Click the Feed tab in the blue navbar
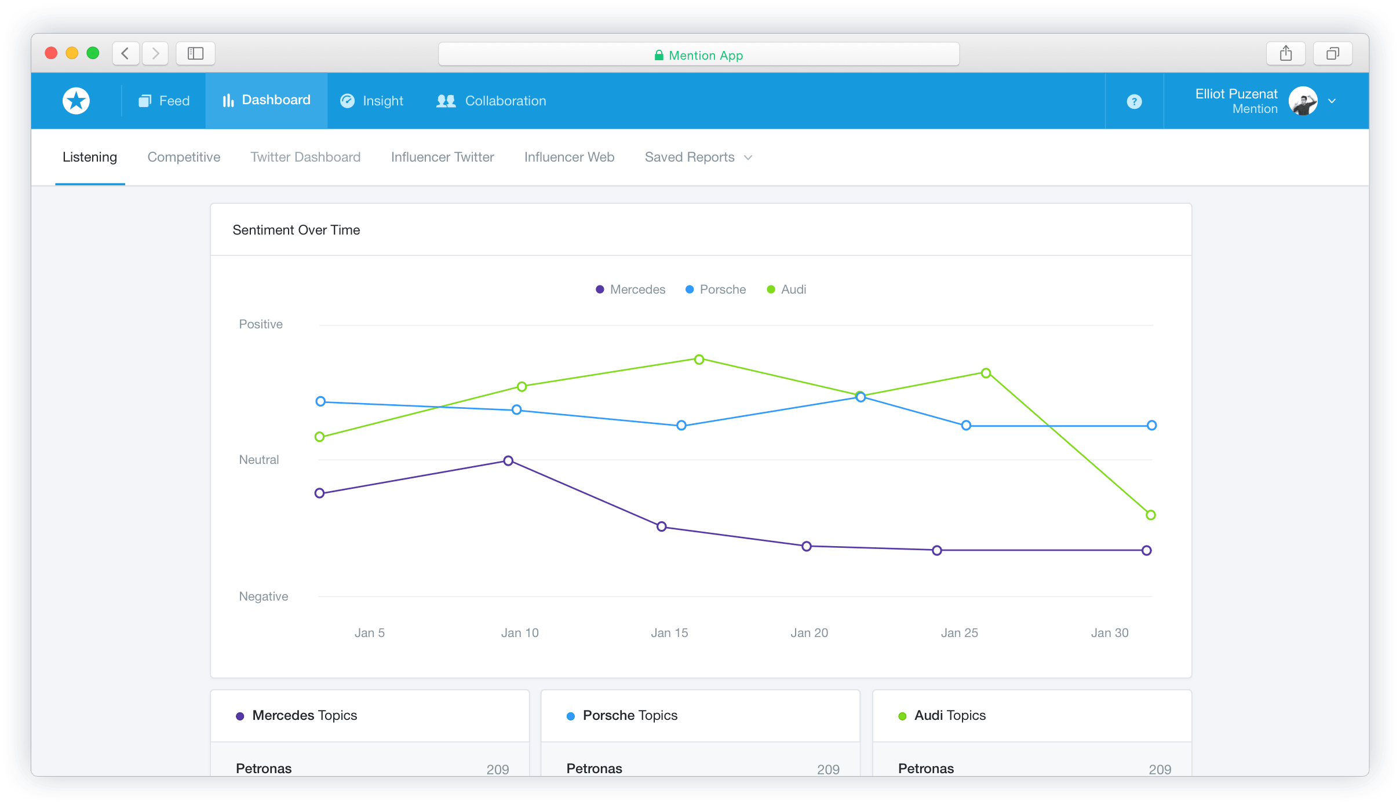165,101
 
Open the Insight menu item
372,101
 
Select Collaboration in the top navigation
491,101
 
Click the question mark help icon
1134,101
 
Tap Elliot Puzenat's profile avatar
1303,101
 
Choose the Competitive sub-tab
184,157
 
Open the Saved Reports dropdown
698,157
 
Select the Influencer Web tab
569,157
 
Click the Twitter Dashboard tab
305,157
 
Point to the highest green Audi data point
699,360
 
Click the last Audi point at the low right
1151,515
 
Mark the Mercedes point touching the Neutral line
508,461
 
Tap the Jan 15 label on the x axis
669,633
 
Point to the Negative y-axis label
263,597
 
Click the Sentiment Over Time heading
296,230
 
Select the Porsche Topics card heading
630,715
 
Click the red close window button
51,53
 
